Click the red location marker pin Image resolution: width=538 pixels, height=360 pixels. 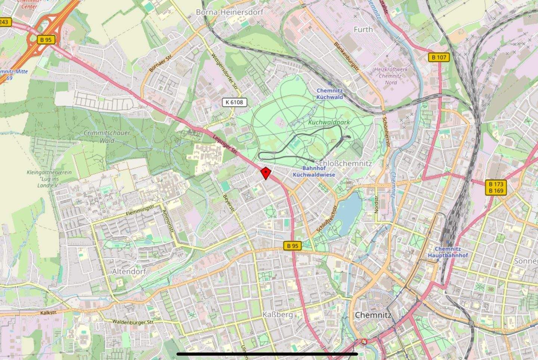(x=266, y=173)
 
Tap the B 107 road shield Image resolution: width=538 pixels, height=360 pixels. (x=439, y=57)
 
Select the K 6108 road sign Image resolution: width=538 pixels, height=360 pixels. (x=235, y=102)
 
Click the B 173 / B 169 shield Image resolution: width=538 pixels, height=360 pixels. (x=496, y=187)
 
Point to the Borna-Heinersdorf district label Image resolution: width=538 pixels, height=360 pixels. (x=229, y=12)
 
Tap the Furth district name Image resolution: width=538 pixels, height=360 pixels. (x=363, y=30)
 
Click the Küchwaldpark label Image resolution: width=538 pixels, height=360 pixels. (x=329, y=122)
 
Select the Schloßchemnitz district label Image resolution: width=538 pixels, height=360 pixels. (x=343, y=163)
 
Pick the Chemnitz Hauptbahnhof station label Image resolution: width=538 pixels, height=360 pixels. (x=448, y=252)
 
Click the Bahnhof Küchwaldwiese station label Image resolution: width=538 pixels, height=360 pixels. (x=314, y=172)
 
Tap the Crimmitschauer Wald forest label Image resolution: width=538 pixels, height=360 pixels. (x=107, y=136)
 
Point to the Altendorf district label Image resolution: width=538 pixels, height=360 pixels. (x=129, y=271)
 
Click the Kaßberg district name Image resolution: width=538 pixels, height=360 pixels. (x=278, y=314)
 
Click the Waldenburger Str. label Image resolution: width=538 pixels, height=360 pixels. (x=133, y=322)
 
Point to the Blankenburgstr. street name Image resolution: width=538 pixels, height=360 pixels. (x=346, y=56)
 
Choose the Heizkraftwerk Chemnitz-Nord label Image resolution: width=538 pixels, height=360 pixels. (x=391, y=76)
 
